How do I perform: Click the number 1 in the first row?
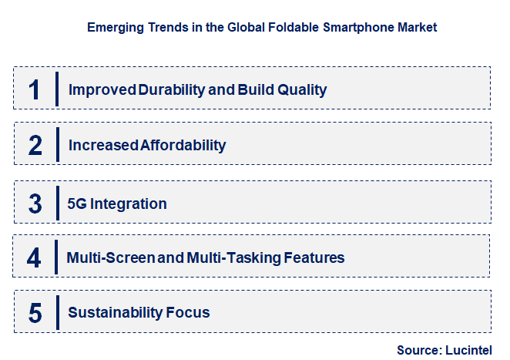click(x=34, y=89)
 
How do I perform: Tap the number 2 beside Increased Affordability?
click(x=35, y=145)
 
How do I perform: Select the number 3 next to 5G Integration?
click(x=35, y=204)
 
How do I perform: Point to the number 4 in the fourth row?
click(x=34, y=257)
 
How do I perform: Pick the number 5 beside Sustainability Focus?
click(x=35, y=313)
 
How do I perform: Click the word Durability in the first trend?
click(x=172, y=89)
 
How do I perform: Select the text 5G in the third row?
click(x=79, y=204)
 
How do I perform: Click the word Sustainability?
click(x=114, y=313)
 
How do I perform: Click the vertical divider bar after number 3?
click(x=56, y=203)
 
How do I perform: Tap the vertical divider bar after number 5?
click(x=56, y=312)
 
